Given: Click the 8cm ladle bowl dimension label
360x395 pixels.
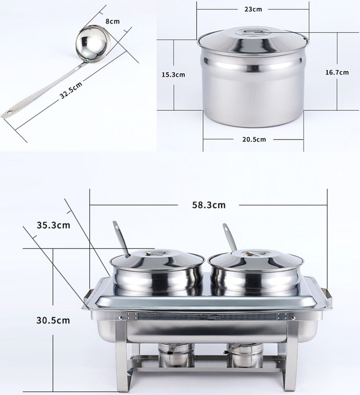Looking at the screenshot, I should [112, 21].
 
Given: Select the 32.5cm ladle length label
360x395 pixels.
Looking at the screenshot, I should [71, 90].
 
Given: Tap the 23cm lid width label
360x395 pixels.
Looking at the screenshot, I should [253, 9].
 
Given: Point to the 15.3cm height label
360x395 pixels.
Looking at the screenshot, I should [173, 75].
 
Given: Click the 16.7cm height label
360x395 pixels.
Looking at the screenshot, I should [337, 72].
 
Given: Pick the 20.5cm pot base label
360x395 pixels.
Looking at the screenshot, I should [254, 139].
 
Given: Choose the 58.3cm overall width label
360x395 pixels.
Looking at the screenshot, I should [209, 204].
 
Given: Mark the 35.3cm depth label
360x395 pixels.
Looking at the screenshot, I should [53, 225].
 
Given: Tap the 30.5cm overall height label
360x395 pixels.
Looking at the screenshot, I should [53, 320].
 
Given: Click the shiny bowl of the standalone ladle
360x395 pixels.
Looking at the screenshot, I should [93, 42].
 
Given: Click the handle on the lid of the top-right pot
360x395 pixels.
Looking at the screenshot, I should [253, 31].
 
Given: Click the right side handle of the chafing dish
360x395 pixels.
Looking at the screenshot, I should [328, 295].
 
